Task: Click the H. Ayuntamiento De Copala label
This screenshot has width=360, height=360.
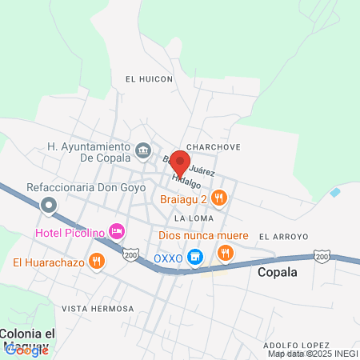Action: (x=88, y=152)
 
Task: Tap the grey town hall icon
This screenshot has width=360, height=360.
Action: (x=143, y=150)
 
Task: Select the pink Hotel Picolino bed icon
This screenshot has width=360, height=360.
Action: (x=118, y=231)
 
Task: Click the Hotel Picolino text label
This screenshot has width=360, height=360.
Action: (x=70, y=232)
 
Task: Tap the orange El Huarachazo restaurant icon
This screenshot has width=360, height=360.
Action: (x=97, y=261)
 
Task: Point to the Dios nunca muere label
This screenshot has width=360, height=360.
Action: (x=204, y=236)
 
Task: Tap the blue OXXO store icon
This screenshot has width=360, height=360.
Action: (x=194, y=258)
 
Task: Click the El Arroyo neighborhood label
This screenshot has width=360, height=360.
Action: (x=283, y=237)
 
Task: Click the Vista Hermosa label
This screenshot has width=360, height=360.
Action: (x=98, y=308)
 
